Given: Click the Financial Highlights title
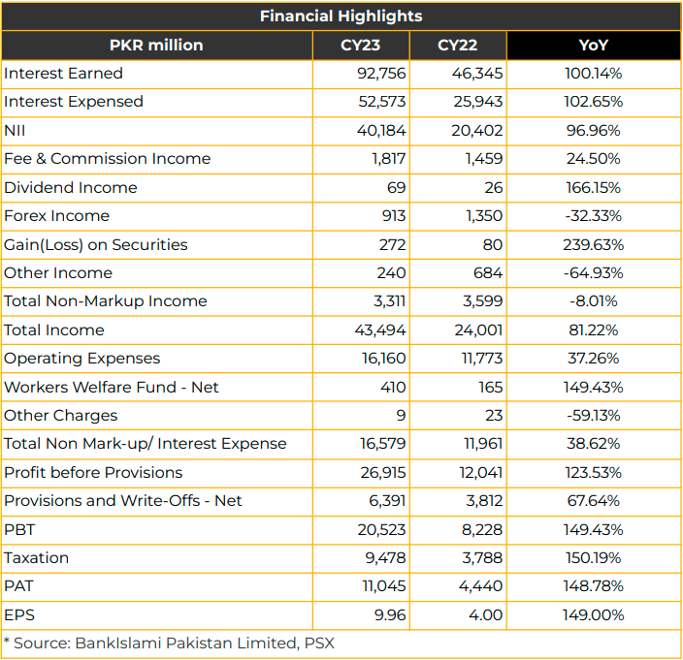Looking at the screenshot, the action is click(x=341, y=16).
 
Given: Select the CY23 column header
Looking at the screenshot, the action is click(x=360, y=46).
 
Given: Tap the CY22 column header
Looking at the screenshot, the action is click(x=457, y=46).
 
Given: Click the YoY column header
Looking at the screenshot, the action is click(x=594, y=46).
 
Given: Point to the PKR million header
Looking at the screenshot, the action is click(x=156, y=46).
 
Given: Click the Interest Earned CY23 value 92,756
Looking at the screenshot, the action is click(x=381, y=74).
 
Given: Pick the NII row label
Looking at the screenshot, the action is click(x=15, y=131).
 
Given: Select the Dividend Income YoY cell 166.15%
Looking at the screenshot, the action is click(x=594, y=187).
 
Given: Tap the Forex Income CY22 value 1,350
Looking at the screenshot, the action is click(x=484, y=216).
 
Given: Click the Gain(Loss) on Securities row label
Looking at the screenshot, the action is click(x=96, y=244).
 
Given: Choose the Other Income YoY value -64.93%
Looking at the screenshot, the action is click(x=594, y=272).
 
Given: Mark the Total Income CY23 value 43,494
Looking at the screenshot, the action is click(x=380, y=330).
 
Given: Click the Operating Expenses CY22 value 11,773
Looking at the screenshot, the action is click(x=482, y=359).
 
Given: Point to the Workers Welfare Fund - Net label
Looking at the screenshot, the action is click(x=111, y=388).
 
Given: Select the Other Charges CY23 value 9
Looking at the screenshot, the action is click(x=402, y=416).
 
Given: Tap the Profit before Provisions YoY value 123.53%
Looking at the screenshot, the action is click(x=594, y=473).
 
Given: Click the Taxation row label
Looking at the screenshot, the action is click(x=37, y=558).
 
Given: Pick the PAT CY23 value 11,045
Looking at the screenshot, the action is click(x=384, y=586).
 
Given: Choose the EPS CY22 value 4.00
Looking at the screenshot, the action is click(x=486, y=614).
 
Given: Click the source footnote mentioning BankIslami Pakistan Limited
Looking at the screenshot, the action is click(x=169, y=643).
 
